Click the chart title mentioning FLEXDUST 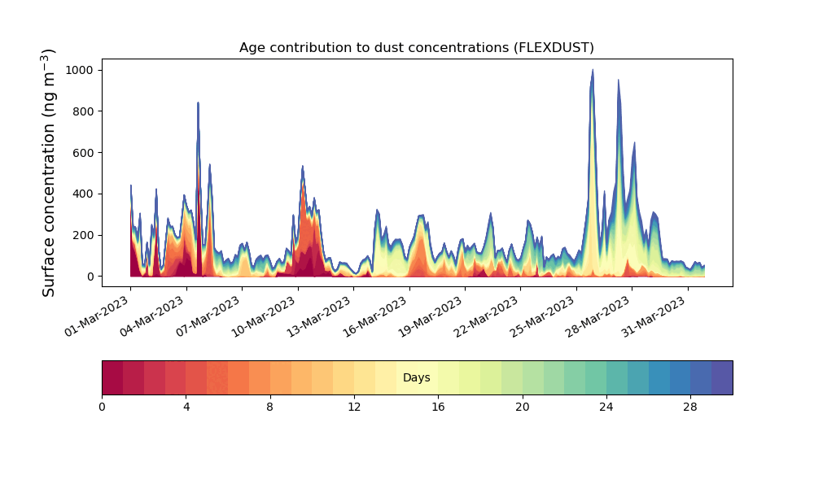[x=416, y=48]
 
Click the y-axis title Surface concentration [x=48, y=172]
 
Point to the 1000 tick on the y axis [x=79, y=70]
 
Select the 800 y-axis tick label [x=82, y=111]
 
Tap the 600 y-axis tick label [x=82, y=153]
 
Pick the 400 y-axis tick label [x=82, y=194]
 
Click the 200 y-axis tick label [x=82, y=235]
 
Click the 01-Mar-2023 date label [x=97, y=316]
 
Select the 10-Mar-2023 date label [x=265, y=316]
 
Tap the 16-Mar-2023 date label [x=376, y=316]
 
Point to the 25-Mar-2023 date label [x=543, y=316]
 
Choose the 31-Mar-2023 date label [x=654, y=316]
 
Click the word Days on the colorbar [x=416, y=377]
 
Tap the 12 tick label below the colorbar [x=354, y=407]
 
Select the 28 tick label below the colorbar [x=690, y=407]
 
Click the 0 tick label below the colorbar [x=102, y=407]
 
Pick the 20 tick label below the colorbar [x=523, y=407]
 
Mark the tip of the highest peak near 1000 [x=593, y=69]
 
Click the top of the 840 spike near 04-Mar [x=198, y=102]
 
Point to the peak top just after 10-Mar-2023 [x=303, y=167]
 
